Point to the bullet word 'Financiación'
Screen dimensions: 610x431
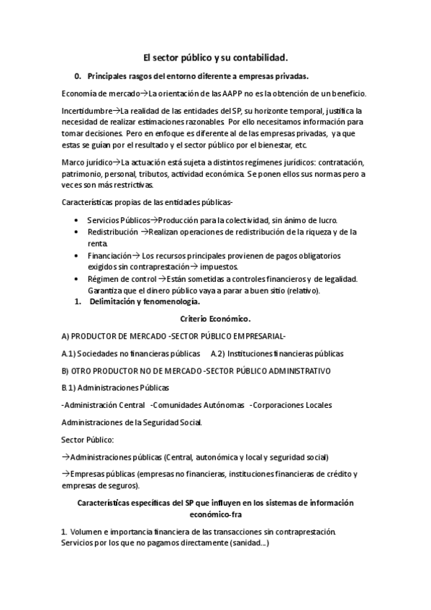tap(109, 255)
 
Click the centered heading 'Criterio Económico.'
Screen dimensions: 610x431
tap(216, 317)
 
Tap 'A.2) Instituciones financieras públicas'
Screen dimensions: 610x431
tap(277, 353)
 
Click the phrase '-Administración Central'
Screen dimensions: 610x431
tap(103, 405)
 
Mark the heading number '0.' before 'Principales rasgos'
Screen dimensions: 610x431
tap(78, 76)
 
